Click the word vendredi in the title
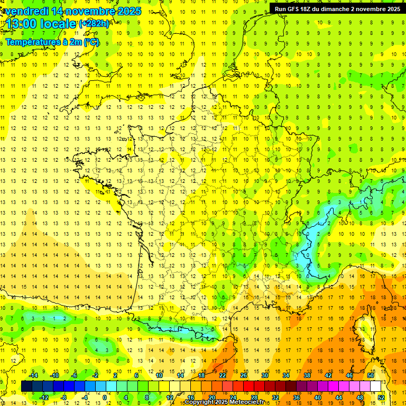(27, 11)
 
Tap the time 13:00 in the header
(22, 24)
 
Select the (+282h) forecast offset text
(94, 24)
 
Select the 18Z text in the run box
(308, 9)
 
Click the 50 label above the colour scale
(371, 375)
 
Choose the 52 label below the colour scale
(381, 397)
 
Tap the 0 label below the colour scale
(105, 397)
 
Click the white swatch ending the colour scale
(376, 386)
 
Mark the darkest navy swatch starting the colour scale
(26, 386)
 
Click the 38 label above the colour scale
(307, 375)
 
